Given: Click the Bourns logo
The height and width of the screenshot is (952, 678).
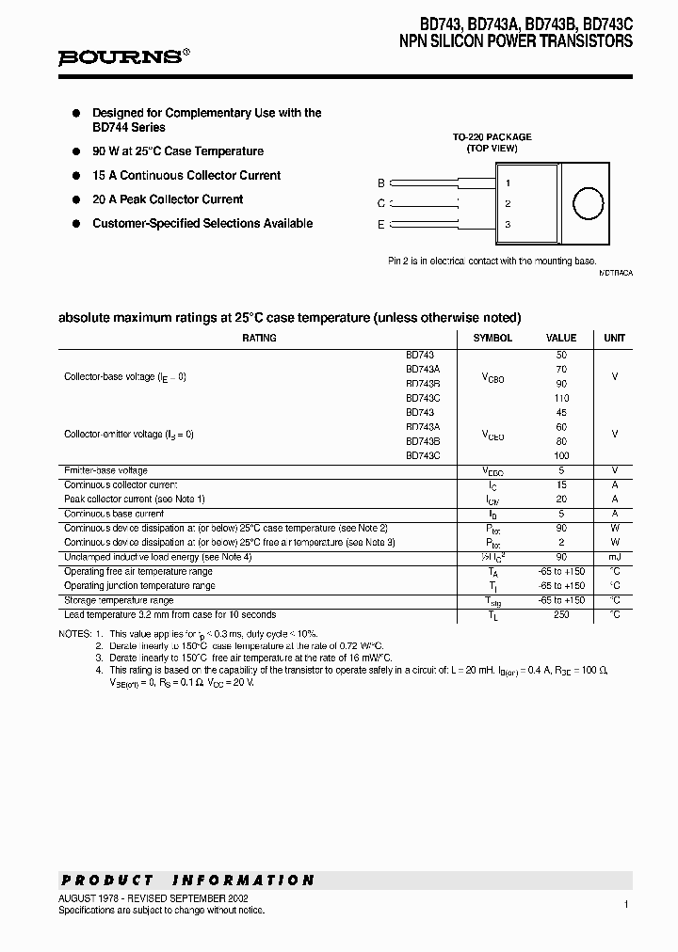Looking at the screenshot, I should (122, 56).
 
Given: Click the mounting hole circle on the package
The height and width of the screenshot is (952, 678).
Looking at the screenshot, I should (589, 204).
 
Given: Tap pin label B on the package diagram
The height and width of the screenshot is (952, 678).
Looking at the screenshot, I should (381, 183).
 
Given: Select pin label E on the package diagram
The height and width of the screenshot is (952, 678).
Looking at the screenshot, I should (381, 224).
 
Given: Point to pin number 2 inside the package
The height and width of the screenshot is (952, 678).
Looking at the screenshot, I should (508, 204).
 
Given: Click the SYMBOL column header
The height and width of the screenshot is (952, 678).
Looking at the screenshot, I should (492, 338).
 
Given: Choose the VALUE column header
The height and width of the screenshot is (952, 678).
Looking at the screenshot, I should (561, 338).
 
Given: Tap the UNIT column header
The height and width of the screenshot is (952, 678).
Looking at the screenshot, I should (614, 338).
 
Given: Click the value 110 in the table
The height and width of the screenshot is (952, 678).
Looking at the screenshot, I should (561, 398).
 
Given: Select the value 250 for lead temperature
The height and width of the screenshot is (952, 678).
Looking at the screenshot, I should (561, 615).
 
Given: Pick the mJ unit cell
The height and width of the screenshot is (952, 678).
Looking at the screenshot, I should (614, 557).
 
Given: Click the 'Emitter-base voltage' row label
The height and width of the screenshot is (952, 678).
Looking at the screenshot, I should (105, 470).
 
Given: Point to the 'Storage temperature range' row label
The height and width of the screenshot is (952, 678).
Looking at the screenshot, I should (119, 600).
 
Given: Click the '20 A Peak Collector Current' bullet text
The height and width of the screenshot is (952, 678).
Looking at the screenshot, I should (168, 199).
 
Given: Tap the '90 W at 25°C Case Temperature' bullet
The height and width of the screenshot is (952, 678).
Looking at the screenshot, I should (178, 151).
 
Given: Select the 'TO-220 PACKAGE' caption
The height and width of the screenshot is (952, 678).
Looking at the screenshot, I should (492, 137).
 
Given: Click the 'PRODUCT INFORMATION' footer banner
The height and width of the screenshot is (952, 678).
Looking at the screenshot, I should (188, 881).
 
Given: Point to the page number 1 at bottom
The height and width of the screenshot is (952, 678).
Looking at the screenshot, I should (625, 904).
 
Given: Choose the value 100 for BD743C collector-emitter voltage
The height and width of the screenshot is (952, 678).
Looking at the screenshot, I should (561, 455).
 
